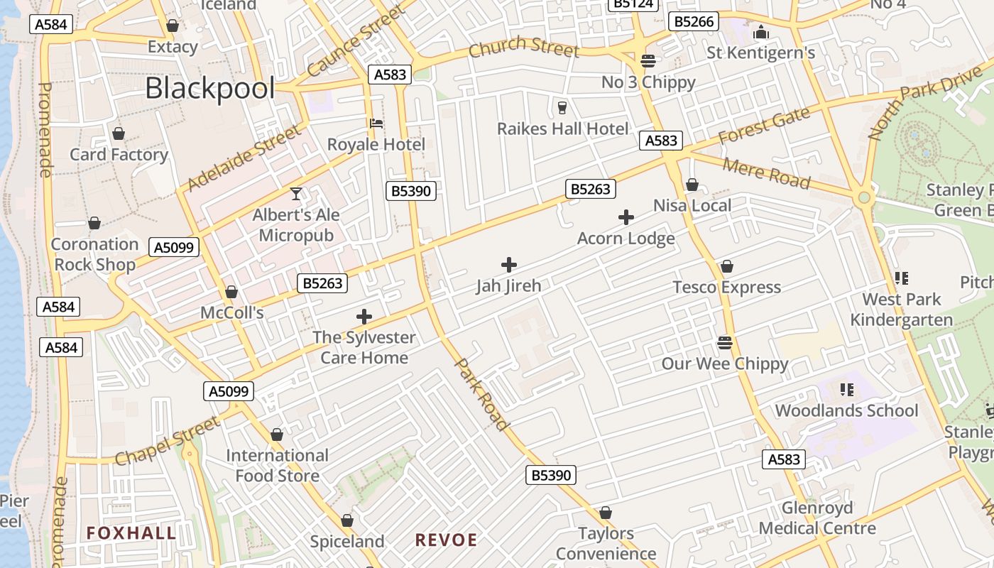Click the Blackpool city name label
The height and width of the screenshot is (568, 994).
209,89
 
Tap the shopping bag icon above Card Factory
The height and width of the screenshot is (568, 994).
119,133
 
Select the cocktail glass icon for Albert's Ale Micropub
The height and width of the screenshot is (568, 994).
296,193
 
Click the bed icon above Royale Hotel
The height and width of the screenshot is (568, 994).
376,124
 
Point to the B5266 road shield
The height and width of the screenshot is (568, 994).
694,21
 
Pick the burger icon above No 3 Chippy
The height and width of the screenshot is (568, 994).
648,61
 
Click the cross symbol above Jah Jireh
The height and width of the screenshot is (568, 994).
508,265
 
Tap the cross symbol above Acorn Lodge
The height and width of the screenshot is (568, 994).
626,217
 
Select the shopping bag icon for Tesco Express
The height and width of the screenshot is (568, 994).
726,266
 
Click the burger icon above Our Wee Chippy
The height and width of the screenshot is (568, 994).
724,343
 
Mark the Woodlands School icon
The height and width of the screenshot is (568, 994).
846,389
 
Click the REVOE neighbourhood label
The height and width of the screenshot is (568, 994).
446,540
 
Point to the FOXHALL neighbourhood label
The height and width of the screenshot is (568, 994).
131,533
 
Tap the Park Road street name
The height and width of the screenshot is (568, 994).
482,394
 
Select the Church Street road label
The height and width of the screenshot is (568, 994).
524,48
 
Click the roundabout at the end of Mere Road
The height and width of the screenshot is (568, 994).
864,198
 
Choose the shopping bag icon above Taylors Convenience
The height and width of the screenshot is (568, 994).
605,513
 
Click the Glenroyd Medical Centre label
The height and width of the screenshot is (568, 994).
817,518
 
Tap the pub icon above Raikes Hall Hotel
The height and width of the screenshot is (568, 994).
562,107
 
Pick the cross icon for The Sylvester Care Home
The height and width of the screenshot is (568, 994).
364,316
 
